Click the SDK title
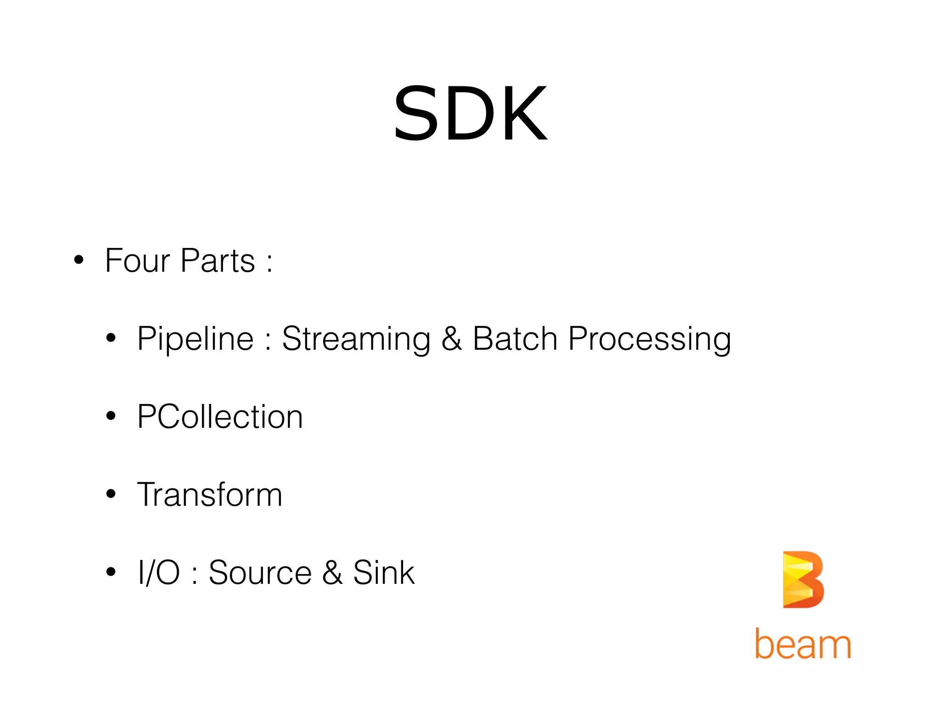tap(470, 114)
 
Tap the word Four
tap(138, 261)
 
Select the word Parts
tap(218, 261)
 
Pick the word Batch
tap(515, 339)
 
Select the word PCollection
tap(220, 417)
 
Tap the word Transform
tap(210, 495)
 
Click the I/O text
tap(159, 573)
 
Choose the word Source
tap(260, 573)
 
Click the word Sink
tap(384, 573)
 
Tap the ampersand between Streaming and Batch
tap(452, 339)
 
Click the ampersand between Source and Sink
tap(332, 573)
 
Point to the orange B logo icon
tap(803, 579)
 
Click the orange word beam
tap(803, 644)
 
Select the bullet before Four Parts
tap(79, 260)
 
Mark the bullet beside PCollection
tap(111, 416)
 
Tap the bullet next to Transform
tap(111, 494)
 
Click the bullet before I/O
tap(111, 572)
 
